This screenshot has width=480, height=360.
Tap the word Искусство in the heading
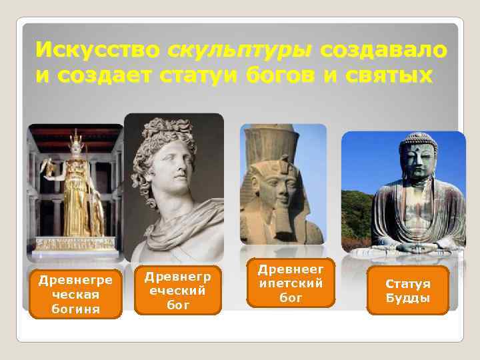tap(97, 50)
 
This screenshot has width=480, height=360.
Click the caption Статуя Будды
tap(408, 291)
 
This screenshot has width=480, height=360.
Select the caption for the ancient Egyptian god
tap(290, 283)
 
